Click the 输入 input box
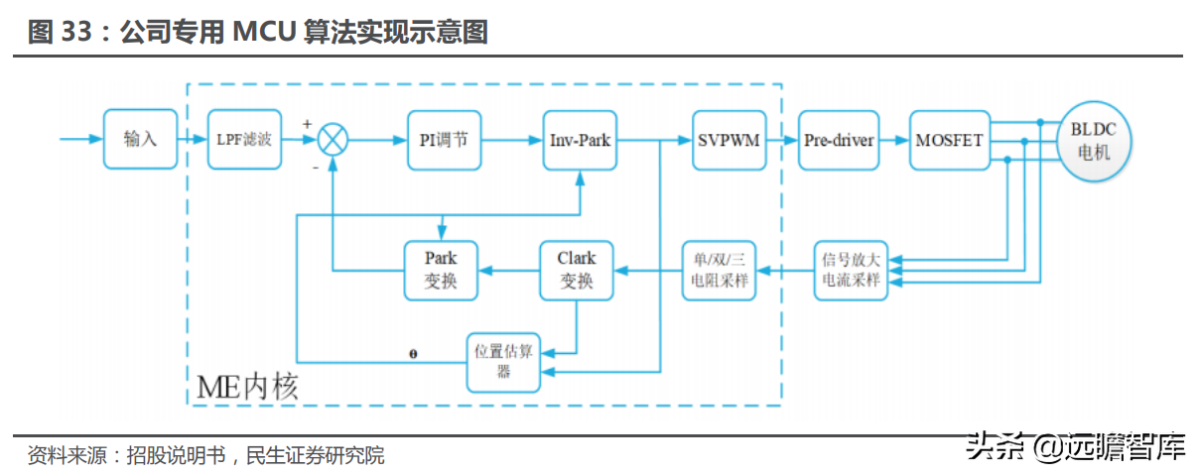(140, 140)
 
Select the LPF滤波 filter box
(244, 140)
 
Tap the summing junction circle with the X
(333, 140)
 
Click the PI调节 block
(444, 140)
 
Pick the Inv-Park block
(580, 140)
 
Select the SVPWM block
(729, 140)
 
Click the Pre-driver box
(839, 140)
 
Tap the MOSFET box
(949, 140)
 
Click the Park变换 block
(441, 270)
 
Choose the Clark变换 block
(577, 270)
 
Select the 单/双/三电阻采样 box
(720, 270)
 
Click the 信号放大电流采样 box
(851, 270)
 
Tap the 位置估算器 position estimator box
(503, 362)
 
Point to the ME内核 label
(247, 386)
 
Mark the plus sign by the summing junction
(307, 123)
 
